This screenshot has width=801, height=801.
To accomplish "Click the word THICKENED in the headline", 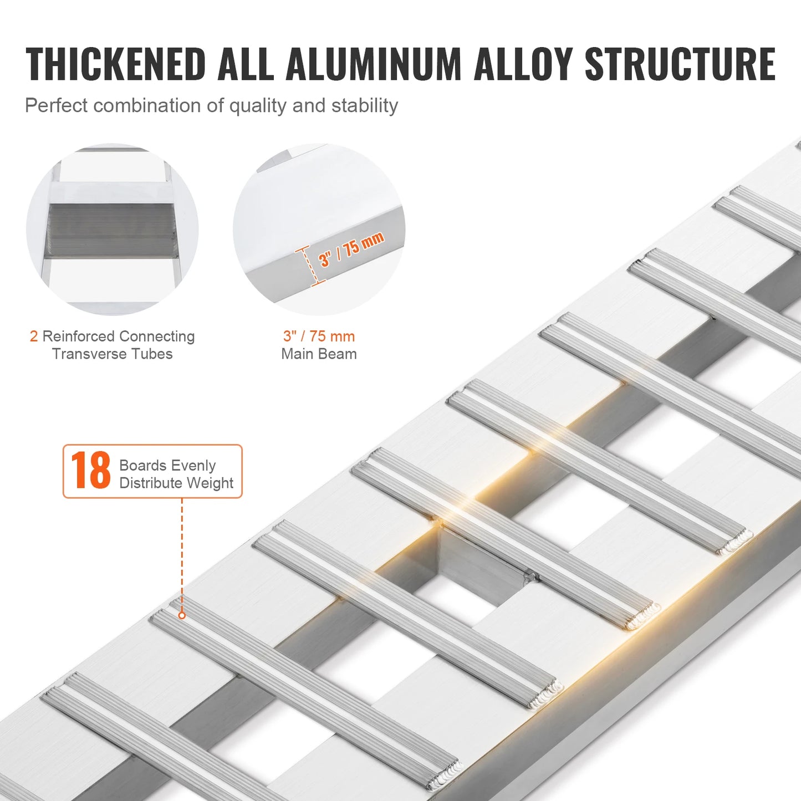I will pos(116,64).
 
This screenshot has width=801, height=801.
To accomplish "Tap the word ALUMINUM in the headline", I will pos(373,64).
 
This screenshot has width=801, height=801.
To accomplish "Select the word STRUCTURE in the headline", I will pos(680,64).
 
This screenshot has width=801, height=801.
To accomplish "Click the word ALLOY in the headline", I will pos(523,64).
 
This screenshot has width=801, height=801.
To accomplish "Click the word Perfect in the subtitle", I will pos(56,105).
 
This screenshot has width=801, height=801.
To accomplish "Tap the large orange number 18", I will pos(90,471).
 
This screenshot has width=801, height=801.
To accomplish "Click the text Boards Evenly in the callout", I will pos(167,465).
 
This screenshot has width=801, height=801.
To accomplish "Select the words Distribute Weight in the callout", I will pos(176,483).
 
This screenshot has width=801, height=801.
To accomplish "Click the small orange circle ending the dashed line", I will pos(182,615).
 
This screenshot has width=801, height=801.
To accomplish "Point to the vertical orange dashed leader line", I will pos(182,554).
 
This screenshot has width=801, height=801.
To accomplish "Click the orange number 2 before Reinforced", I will pos(34,336).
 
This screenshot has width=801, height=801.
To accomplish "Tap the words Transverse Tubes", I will pos(112,354).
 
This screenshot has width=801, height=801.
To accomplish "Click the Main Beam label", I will pos(319,354).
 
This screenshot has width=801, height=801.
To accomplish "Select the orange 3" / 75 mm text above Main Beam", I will pos(319,336).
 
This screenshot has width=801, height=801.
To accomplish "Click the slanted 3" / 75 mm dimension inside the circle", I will pos(351,249).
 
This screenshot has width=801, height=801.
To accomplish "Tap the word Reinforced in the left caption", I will pos(78,336).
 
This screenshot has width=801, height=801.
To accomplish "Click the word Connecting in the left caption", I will pos(157,336).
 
